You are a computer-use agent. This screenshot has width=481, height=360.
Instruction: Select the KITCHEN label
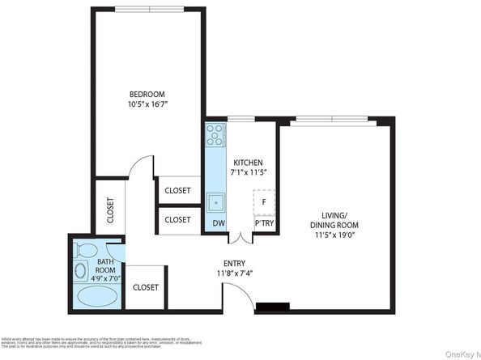pyautogui.click(x=247, y=163)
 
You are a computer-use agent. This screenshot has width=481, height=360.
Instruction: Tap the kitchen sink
pyautogui.click(x=215, y=201)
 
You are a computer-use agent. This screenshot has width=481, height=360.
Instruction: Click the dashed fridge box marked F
pyautogui.click(x=264, y=201)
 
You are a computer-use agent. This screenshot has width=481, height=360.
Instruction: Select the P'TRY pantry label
pyautogui.click(x=264, y=222)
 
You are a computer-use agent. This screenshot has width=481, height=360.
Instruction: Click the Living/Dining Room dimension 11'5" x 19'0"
pyautogui.click(x=334, y=235)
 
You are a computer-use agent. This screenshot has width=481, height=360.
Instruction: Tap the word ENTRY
pyautogui.click(x=235, y=264)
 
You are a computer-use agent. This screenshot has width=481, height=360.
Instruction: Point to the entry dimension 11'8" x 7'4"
pyautogui.click(x=235, y=274)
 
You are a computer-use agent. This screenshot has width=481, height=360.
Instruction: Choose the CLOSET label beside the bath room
pyautogui.click(x=146, y=287)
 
